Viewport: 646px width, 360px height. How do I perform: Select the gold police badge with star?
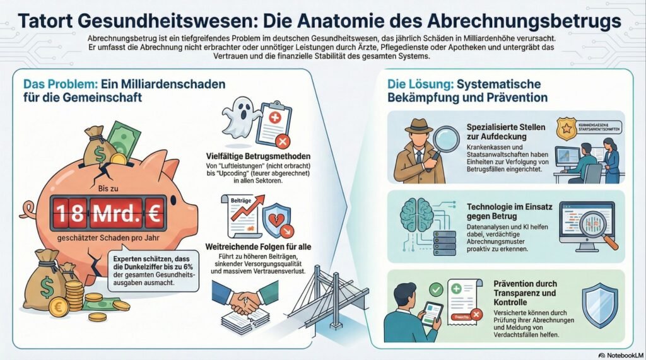[566, 129]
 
